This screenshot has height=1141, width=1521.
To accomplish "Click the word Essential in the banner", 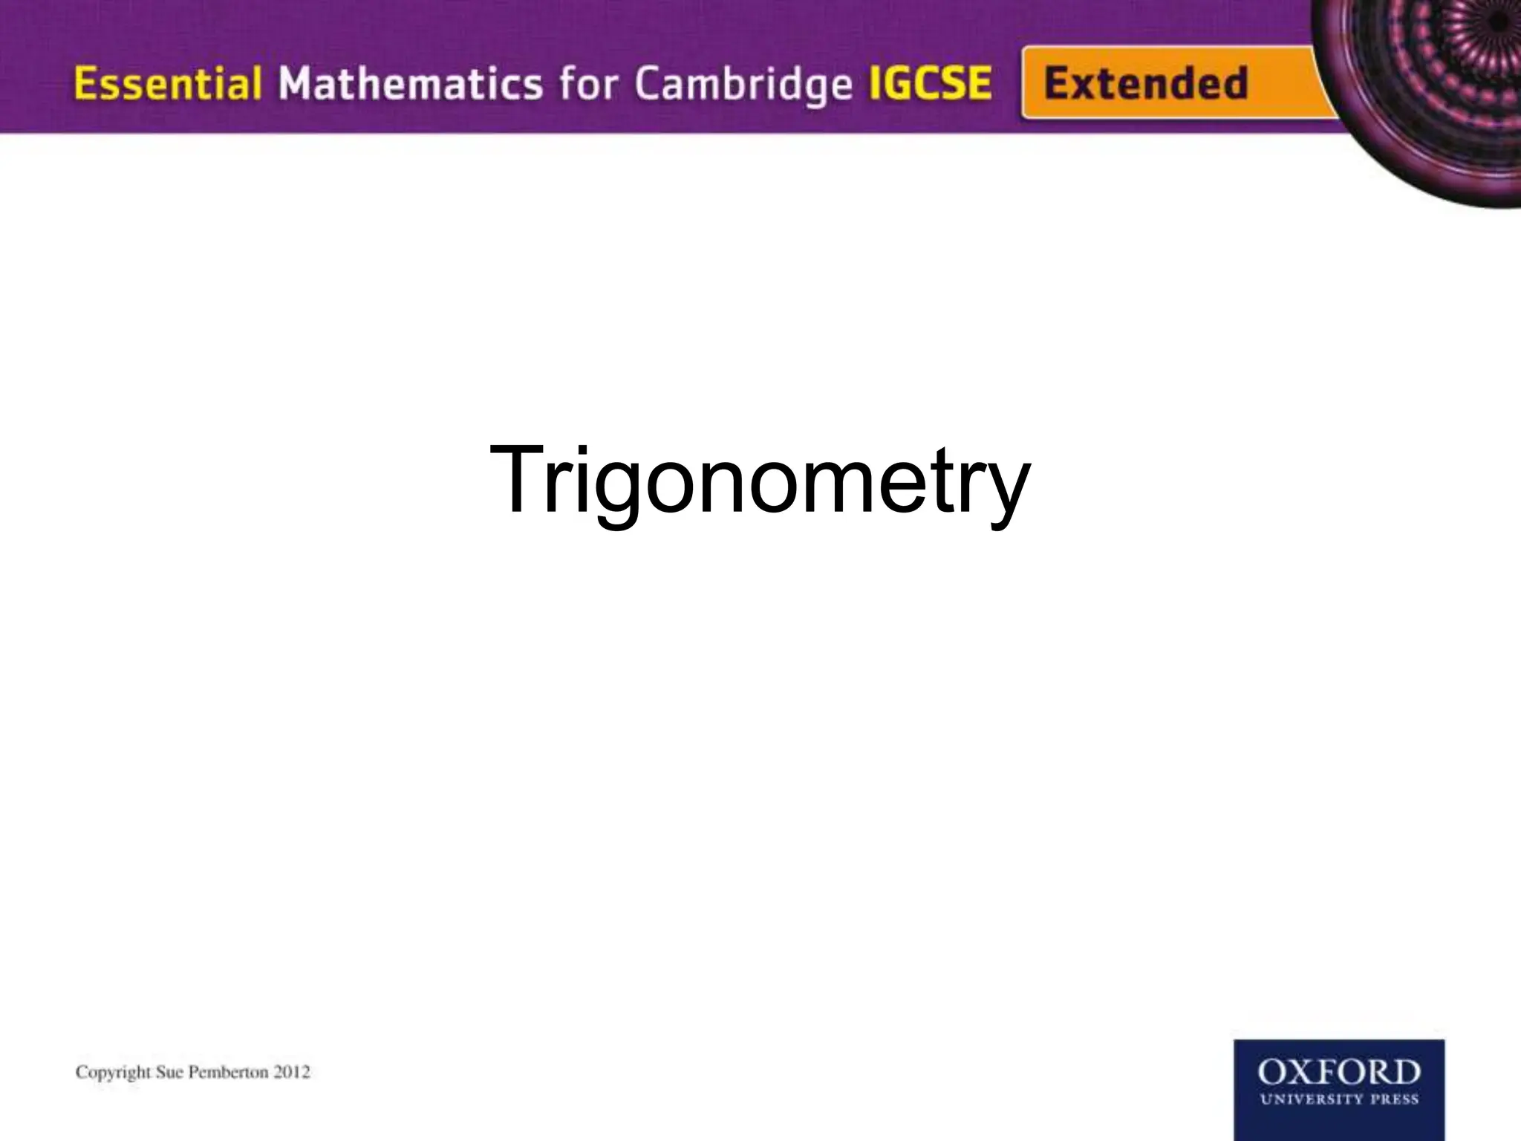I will click(167, 83).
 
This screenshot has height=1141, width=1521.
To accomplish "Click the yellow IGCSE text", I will click(930, 83).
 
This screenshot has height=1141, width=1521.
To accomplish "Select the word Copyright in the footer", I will click(114, 1073).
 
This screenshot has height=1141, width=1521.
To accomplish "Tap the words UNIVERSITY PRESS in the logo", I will click(1338, 1099).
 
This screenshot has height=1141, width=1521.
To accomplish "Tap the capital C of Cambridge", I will click(648, 85).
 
